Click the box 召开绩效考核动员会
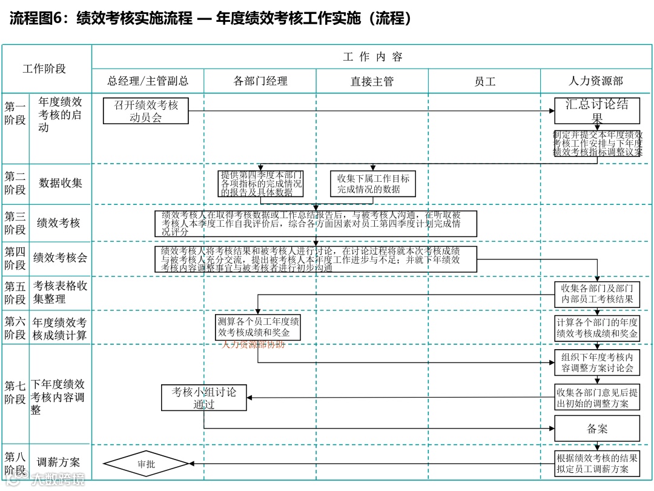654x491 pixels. [x=146, y=111]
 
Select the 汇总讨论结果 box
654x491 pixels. [x=597, y=111]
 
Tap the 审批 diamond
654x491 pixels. [x=147, y=464]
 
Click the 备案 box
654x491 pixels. [x=597, y=429]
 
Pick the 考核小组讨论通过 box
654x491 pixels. [x=204, y=398]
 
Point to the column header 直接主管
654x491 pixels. [x=372, y=81]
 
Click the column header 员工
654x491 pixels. [x=484, y=81]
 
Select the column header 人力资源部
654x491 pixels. [x=596, y=81]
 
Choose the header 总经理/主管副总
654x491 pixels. [x=148, y=81]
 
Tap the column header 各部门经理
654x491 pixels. [x=260, y=81]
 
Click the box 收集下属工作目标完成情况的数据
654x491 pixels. [x=373, y=184]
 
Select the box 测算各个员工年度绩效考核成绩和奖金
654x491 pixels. [x=259, y=327]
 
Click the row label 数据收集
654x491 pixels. [x=61, y=183]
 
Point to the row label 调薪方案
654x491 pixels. [x=59, y=463]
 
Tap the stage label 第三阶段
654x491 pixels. [x=15, y=223]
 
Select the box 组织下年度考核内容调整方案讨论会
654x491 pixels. [x=597, y=362]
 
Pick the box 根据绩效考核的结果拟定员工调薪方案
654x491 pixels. [x=597, y=464]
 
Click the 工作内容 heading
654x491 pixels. [x=372, y=57]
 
